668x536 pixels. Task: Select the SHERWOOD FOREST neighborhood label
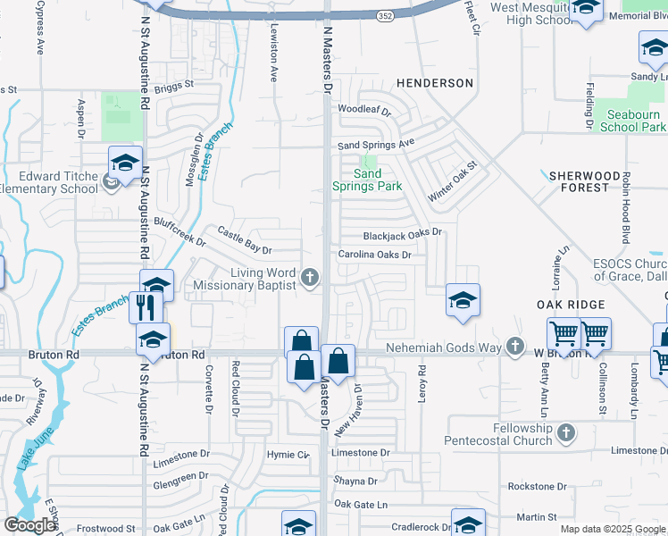tap(579, 181)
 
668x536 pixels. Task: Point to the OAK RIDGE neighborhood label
tap(572, 306)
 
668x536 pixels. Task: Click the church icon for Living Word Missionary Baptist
tap(310, 279)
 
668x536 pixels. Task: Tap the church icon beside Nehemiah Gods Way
tap(514, 347)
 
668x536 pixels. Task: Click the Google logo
tap(29, 525)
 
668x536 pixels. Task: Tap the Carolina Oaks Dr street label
tap(374, 255)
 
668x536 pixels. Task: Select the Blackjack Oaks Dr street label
tap(403, 234)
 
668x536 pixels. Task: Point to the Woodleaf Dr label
tap(364, 111)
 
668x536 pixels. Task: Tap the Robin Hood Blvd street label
tap(626, 208)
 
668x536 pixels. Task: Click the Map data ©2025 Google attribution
tap(612, 529)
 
